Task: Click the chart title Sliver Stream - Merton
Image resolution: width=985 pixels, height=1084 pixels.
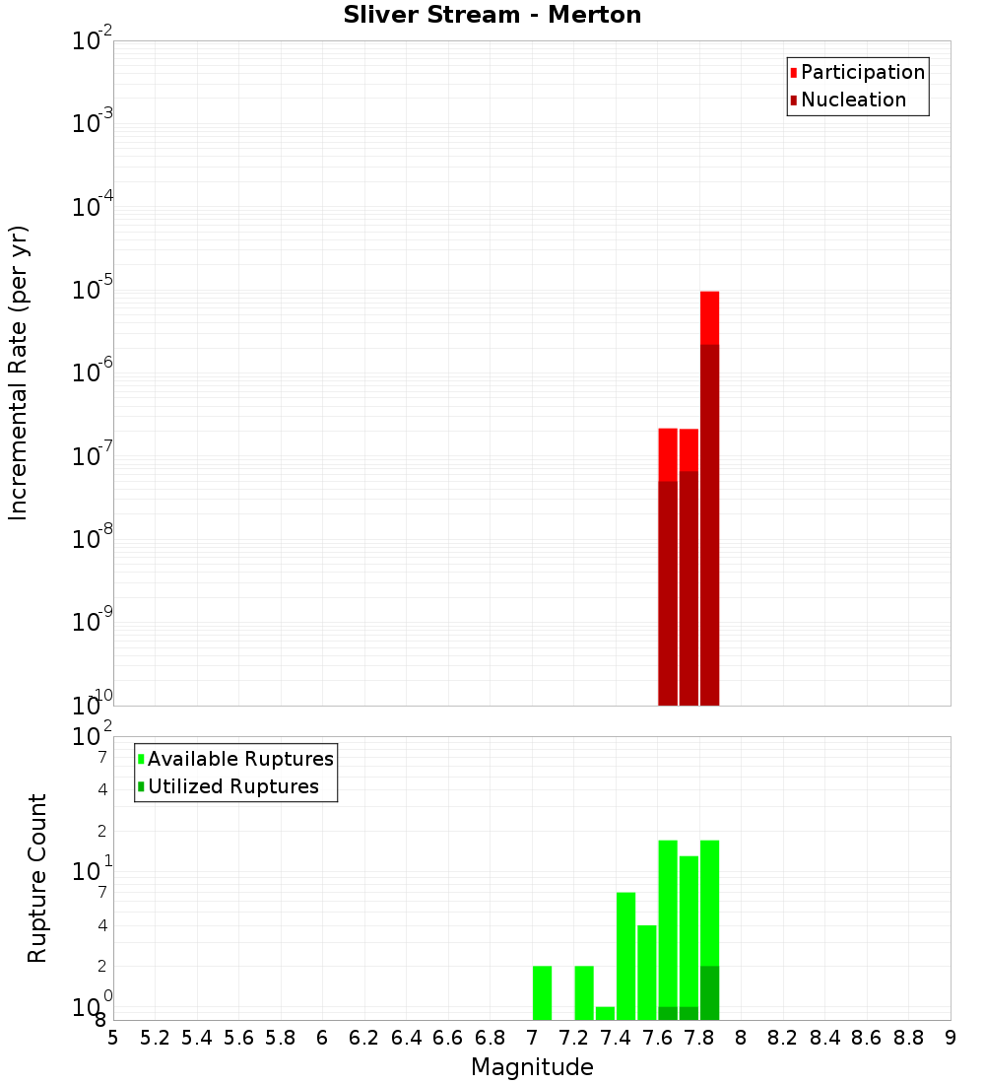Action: click(x=492, y=16)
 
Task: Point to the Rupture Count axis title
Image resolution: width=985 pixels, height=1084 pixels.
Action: click(x=37, y=877)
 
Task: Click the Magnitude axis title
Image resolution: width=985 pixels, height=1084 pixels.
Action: click(x=532, y=1067)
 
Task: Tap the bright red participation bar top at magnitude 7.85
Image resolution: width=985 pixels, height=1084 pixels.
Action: click(x=710, y=316)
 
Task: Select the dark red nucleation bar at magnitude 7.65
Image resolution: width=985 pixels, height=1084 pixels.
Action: click(x=668, y=591)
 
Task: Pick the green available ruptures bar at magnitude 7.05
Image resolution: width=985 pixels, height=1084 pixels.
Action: click(x=542, y=992)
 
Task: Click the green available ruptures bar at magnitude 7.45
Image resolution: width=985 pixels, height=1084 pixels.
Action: click(x=625, y=956)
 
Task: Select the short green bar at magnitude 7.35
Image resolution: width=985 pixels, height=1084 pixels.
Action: click(x=605, y=1013)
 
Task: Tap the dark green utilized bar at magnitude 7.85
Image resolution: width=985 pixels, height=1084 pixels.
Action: click(x=710, y=992)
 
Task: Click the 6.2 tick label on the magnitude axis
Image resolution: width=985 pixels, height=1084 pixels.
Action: click(x=364, y=1038)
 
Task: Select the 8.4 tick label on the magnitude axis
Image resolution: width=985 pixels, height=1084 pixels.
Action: click(x=825, y=1038)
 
